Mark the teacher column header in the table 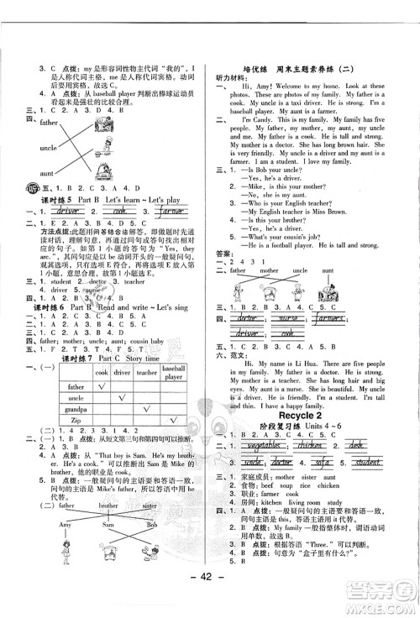(145, 370)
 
